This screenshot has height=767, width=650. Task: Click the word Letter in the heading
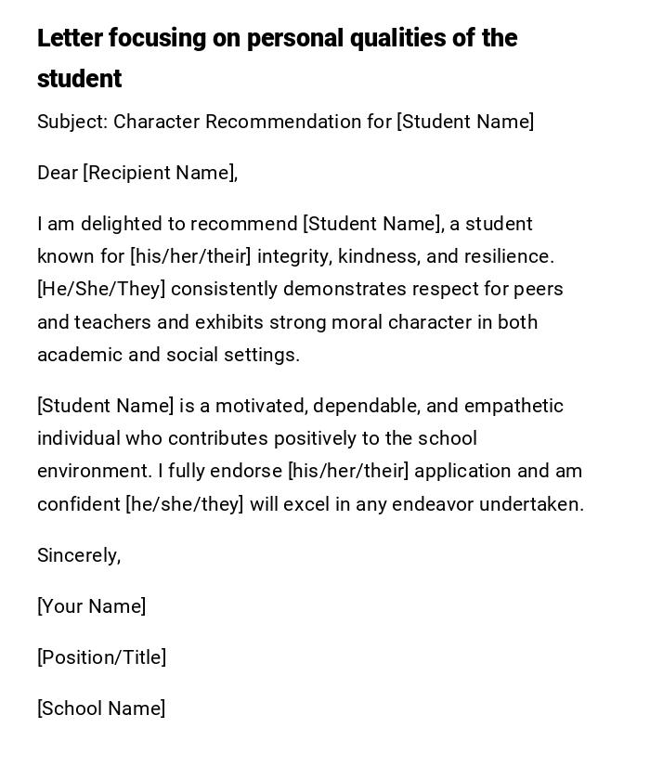click(70, 38)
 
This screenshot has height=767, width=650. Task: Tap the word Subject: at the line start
click(72, 122)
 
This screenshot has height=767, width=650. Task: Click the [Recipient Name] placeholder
click(160, 173)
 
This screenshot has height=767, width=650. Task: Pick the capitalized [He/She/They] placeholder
click(101, 289)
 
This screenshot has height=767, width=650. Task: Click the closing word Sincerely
click(77, 555)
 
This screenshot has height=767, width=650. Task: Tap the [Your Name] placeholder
click(91, 606)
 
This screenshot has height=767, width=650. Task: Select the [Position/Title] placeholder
click(101, 657)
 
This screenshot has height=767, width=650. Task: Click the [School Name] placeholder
click(101, 708)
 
